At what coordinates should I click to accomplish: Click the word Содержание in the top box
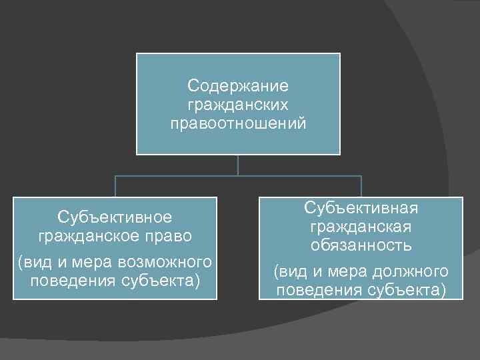click(238, 86)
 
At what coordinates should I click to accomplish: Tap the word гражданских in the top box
click(238, 105)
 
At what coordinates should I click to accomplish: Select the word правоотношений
click(238, 123)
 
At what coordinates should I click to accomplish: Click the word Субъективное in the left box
click(115, 217)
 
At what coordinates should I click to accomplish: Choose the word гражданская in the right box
click(361, 227)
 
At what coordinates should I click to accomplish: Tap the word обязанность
click(361, 245)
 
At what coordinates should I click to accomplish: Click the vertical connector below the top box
click(238, 165)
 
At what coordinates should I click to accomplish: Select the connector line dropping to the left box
click(115, 187)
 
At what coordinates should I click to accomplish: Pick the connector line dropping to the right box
click(361, 187)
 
